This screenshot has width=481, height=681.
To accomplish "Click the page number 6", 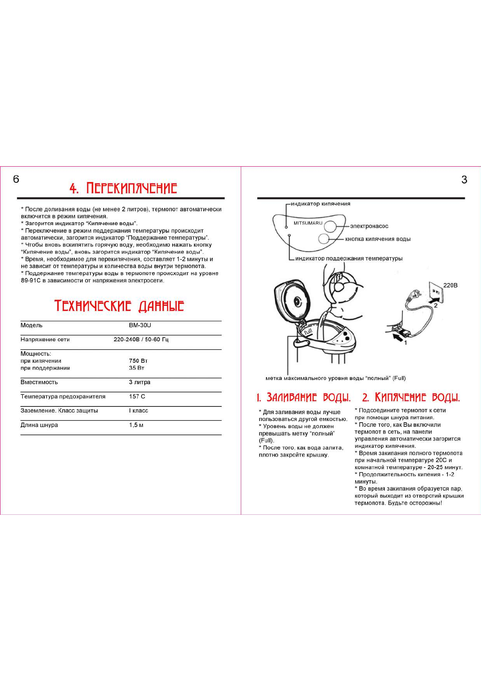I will point(16,179).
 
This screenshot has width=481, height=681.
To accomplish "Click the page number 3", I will point(464,180).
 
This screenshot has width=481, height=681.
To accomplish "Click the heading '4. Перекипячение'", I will point(123,188).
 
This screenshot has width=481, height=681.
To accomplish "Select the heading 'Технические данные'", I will point(119,306).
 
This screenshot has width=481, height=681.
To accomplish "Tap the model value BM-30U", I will point(140,325).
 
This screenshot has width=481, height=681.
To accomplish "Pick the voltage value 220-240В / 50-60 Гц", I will point(141,339).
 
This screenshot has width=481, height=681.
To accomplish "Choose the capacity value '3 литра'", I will point(139,382).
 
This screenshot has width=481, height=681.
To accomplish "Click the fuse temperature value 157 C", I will point(137,396).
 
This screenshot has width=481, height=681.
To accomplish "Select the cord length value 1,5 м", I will point(136,425).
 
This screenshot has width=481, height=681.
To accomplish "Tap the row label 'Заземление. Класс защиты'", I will point(59,410).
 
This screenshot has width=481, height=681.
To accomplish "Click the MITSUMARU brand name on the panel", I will point(308,223).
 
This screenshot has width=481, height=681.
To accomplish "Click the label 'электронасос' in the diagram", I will point(369,226).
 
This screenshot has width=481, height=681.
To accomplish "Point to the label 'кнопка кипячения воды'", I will point(378,239).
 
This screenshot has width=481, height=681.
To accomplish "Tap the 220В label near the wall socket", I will point(450,285).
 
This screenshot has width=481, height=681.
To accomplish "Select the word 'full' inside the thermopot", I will point(308,332).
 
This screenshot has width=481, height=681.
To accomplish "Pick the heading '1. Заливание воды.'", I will point(304,398).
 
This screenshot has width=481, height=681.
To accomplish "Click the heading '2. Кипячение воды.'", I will point(411,398).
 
